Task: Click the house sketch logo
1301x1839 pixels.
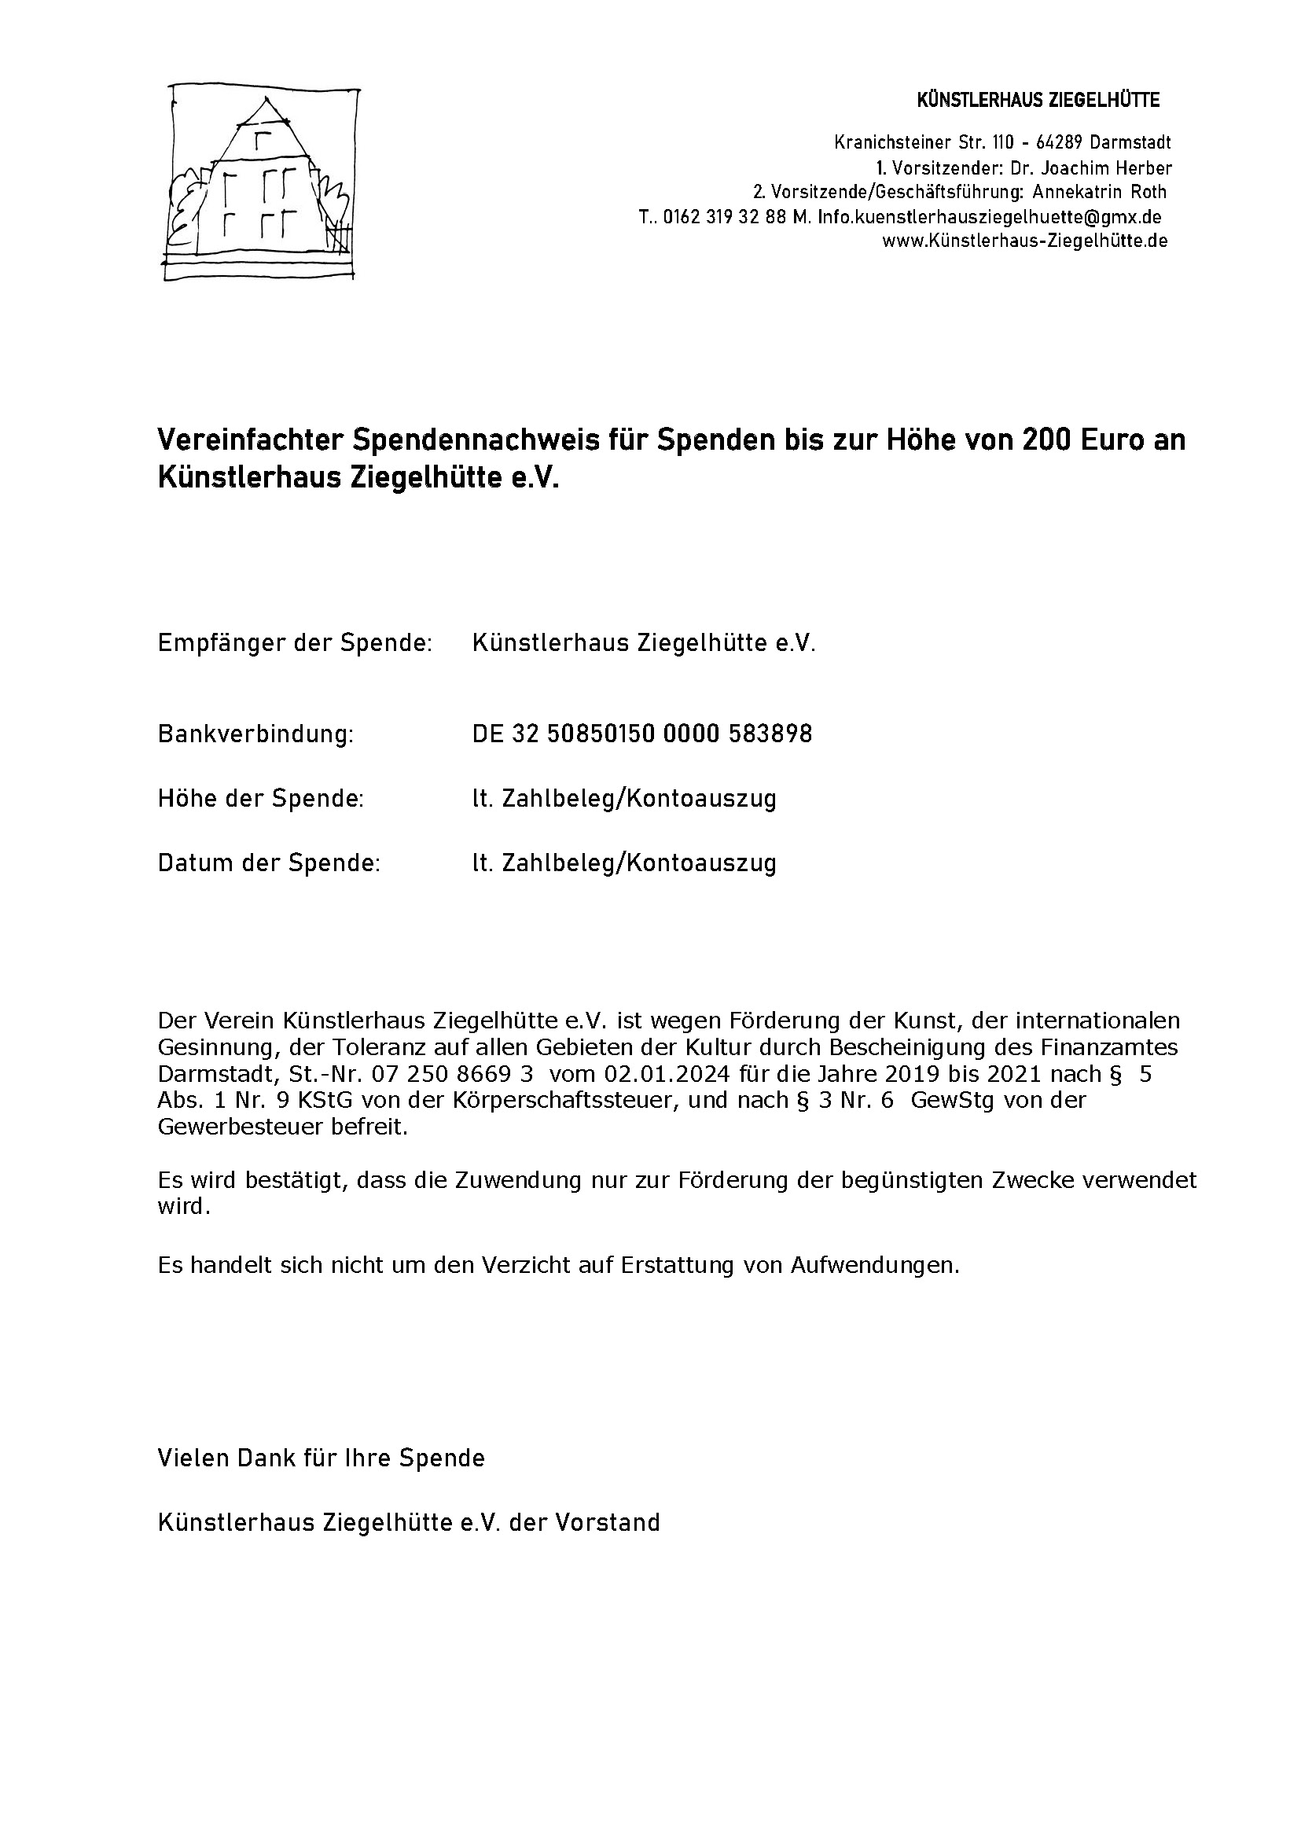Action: point(260,183)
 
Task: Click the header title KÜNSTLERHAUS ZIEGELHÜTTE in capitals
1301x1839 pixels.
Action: point(1038,100)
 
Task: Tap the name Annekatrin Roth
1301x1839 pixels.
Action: point(1099,193)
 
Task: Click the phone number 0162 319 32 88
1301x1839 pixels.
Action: point(725,217)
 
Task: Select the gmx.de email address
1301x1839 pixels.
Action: point(990,217)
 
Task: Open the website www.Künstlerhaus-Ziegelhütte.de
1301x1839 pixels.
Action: point(1024,241)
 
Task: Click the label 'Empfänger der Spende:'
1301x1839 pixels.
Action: point(295,643)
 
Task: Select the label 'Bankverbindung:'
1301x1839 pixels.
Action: point(255,734)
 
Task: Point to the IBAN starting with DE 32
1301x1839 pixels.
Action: point(641,734)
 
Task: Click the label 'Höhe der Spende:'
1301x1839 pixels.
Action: point(260,799)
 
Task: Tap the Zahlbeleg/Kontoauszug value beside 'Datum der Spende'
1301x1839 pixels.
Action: point(624,864)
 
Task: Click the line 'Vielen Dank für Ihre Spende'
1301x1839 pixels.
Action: point(322,1458)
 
